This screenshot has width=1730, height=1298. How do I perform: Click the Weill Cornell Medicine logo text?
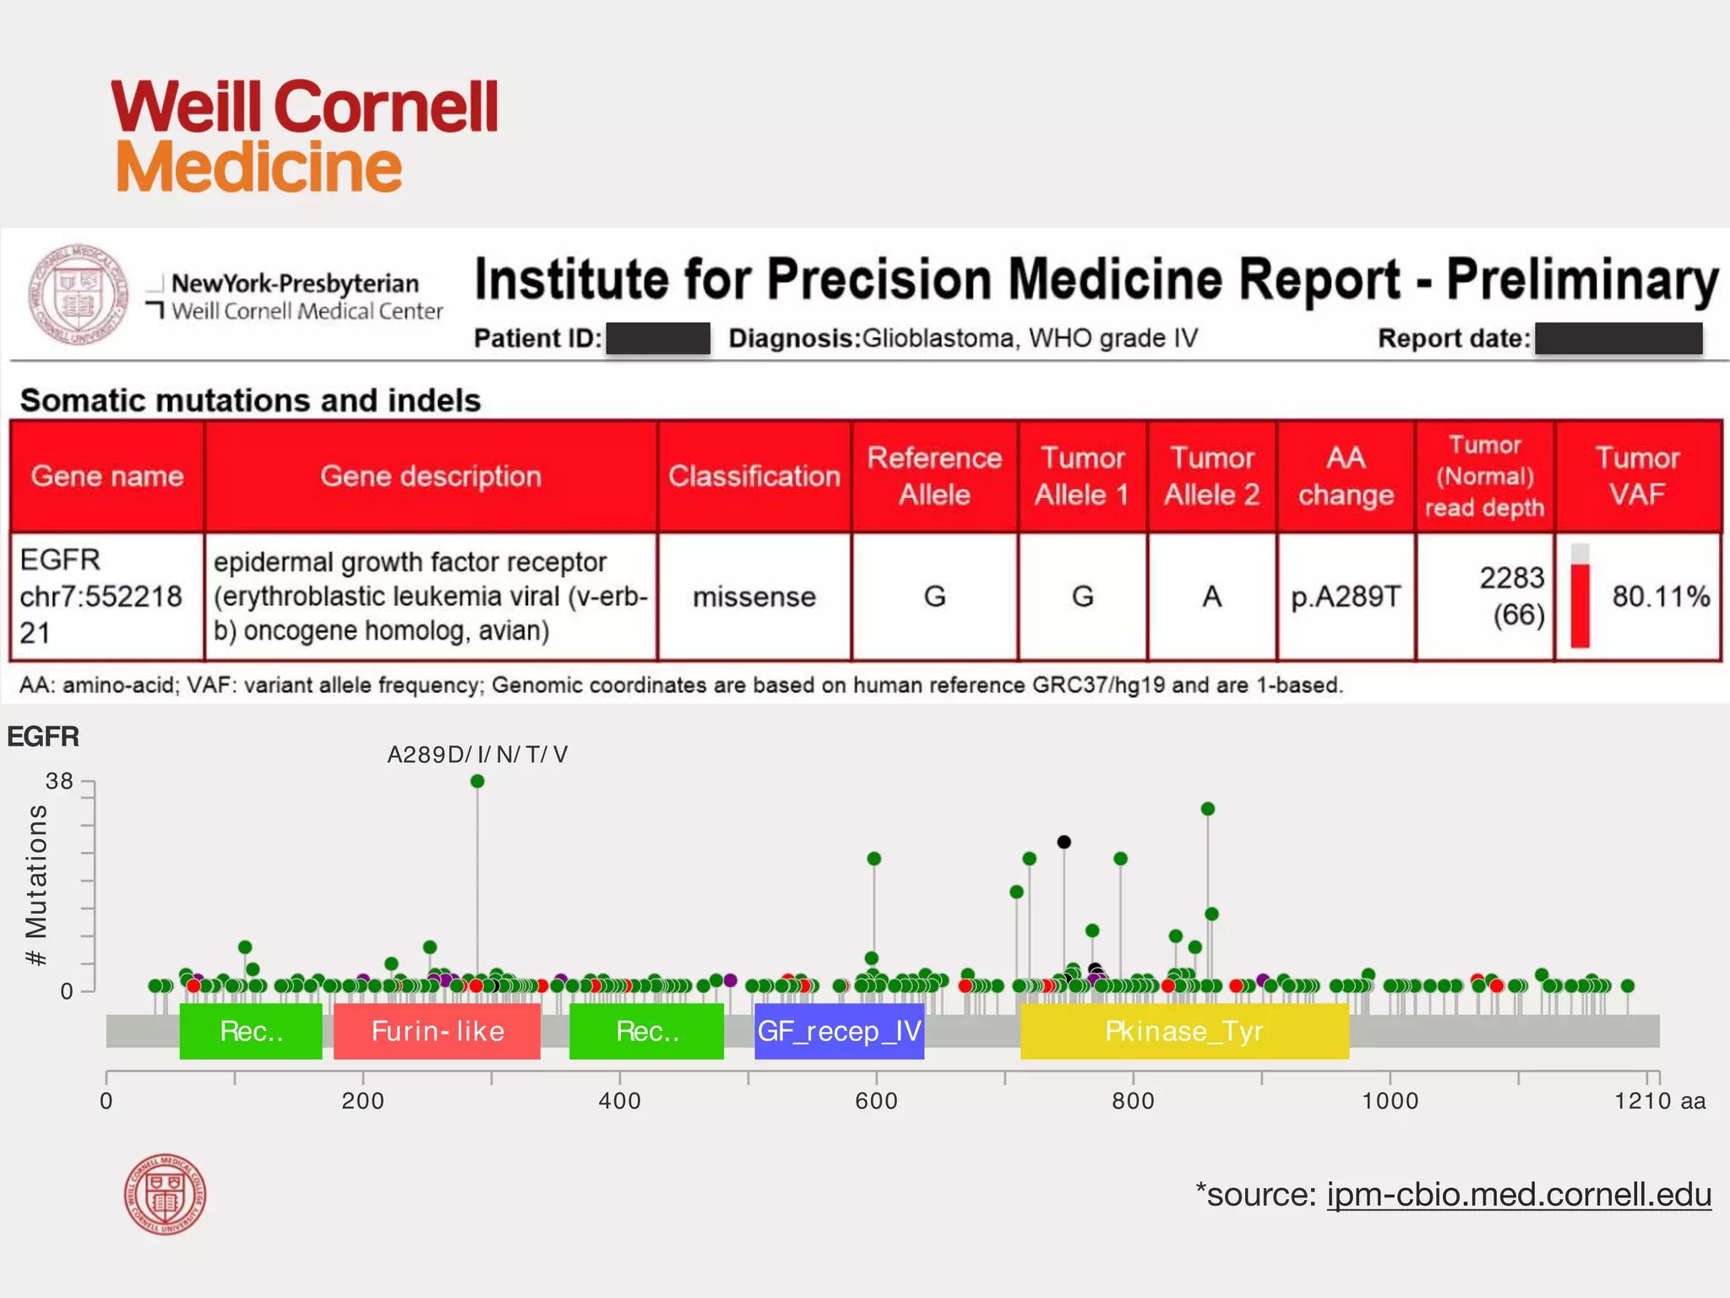(304, 135)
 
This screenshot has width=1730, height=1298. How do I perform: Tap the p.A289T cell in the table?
(1346, 597)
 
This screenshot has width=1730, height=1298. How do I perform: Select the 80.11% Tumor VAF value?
(1660, 597)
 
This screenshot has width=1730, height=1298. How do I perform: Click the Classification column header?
(753, 477)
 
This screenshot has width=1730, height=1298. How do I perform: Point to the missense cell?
(753, 597)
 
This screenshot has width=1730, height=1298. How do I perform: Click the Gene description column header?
(431, 477)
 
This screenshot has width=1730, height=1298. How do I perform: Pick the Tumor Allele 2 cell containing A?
(1211, 597)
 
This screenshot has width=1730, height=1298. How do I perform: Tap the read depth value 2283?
(1511, 578)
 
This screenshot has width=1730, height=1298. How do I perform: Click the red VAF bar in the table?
(1580, 605)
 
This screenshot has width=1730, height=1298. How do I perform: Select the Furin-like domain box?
(437, 1031)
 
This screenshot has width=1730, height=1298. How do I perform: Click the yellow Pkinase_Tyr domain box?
(1183, 1031)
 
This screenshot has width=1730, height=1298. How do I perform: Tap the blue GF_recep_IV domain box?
(839, 1031)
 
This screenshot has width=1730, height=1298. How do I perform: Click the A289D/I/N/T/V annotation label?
(477, 755)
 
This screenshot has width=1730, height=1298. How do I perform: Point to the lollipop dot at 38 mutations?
(477, 781)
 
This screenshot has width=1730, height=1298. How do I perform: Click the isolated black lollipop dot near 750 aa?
(1064, 842)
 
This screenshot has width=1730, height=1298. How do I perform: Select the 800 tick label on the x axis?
(1133, 1101)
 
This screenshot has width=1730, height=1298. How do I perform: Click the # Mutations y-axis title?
(36, 884)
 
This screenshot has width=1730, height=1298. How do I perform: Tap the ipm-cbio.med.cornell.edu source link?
(1518, 1195)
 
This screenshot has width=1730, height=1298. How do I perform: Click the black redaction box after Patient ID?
(658, 339)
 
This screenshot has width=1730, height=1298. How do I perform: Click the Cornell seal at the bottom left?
(165, 1194)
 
